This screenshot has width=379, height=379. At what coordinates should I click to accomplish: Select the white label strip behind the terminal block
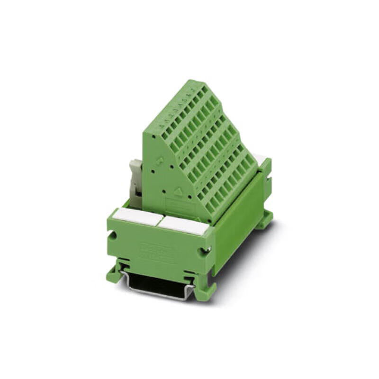tap(260, 159)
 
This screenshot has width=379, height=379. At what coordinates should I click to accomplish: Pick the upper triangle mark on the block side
tap(160, 160)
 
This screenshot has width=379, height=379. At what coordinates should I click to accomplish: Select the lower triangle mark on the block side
tap(179, 191)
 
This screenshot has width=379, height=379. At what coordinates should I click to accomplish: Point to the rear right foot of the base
tap(265, 219)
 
